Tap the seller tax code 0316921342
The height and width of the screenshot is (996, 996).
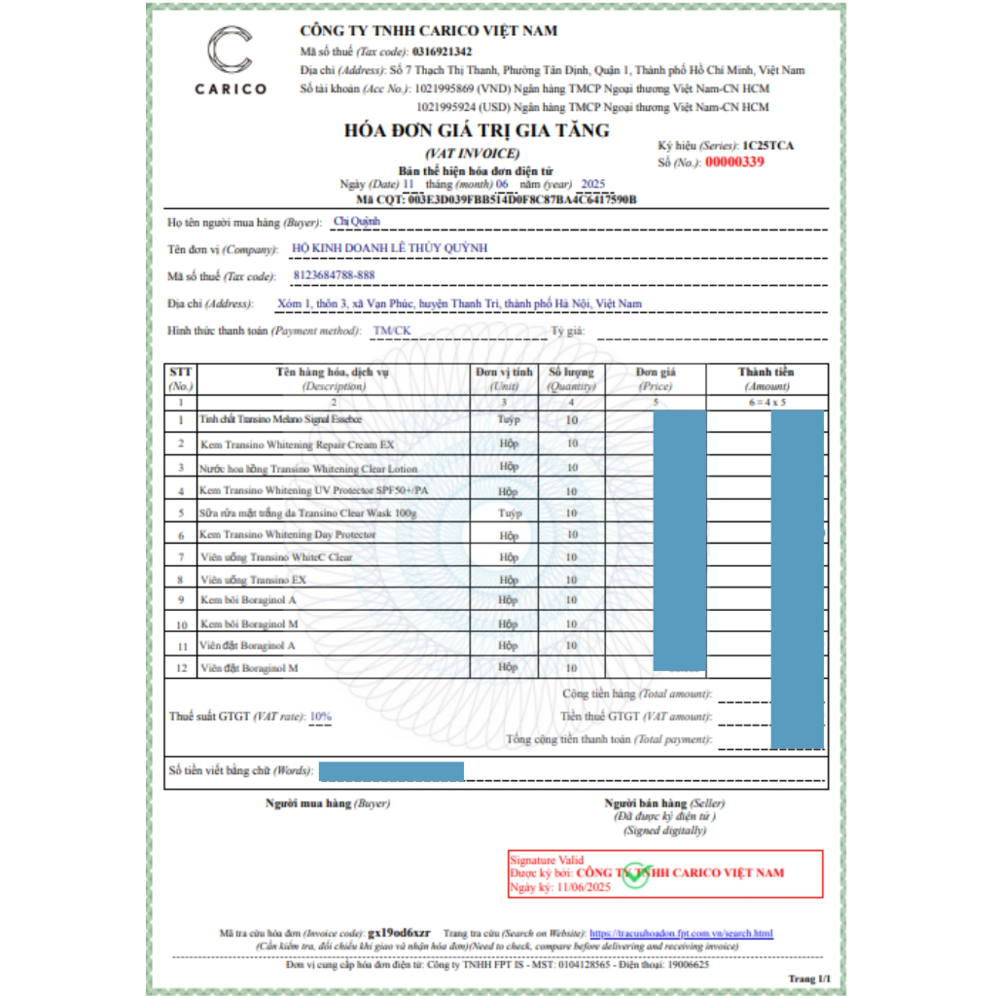[x=443, y=52]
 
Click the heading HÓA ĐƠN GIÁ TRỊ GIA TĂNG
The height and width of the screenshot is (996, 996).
[x=476, y=130]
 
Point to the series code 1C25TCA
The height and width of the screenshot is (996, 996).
[x=767, y=145]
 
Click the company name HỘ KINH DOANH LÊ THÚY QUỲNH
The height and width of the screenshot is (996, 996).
[x=389, y=248]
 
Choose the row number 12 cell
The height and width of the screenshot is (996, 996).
[x=181, y=669]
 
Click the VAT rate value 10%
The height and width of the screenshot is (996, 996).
[x=320, y=717]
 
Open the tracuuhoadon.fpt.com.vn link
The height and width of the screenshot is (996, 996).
[x=681, y=934]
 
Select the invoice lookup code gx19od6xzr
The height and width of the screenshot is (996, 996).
[x=406, y=934]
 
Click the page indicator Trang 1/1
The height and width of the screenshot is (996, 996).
[x=809, y=978]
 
